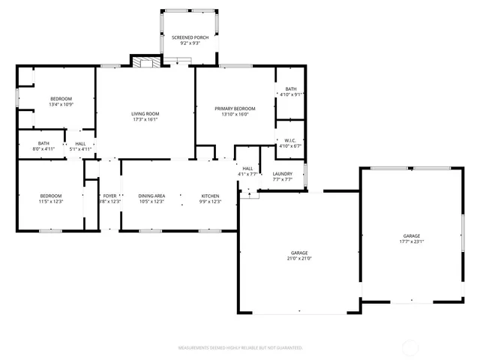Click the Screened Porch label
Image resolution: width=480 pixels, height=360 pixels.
click(x=189, y=37)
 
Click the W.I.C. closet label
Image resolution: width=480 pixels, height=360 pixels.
click(x=290, y=142)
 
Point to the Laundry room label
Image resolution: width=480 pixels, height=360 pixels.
click(x=282, y=176)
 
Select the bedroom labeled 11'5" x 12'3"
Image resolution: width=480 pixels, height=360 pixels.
click(x=50, y=199)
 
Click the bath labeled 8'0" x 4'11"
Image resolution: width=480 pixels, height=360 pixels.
click(x=43, y=145)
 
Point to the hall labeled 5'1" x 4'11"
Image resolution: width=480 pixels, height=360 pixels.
click(x=80, y=145)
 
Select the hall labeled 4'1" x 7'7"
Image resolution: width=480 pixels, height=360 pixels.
click(x=247, y=171)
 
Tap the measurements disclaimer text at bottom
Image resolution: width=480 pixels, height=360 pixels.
click(x=240, y=348)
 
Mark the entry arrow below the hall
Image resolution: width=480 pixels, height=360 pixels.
click(x=250, y=192)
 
